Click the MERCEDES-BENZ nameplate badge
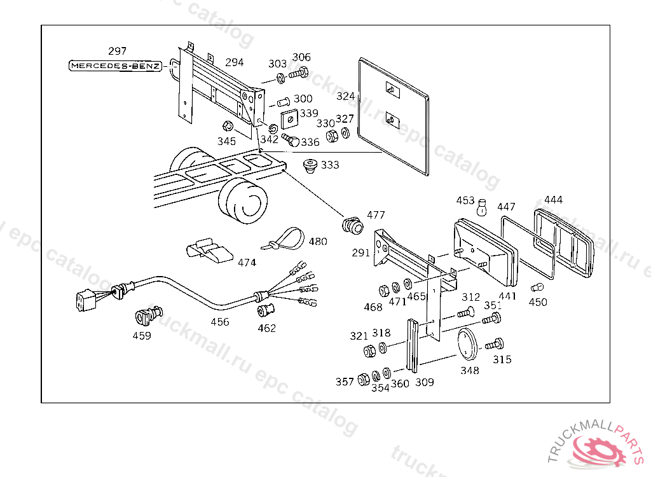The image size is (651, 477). tap(115, 66)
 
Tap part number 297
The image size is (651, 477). tap(117, 51)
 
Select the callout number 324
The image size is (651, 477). tap(345, 96)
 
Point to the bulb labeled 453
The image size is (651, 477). tap(482, 207)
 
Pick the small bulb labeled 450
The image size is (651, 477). tap(537, 287)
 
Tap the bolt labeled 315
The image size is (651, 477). tap(494, 345)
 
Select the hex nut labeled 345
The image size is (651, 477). tap(227, 125)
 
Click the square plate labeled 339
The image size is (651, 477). tap(290, 120)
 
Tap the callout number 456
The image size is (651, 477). tap(219, 322)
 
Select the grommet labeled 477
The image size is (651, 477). tap(353, 225)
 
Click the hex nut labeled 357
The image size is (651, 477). tap(363, 378)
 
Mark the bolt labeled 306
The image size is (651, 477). tap(298, 74)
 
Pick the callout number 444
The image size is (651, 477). tap(554, 200)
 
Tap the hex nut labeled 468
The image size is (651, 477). tap(384, 291)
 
